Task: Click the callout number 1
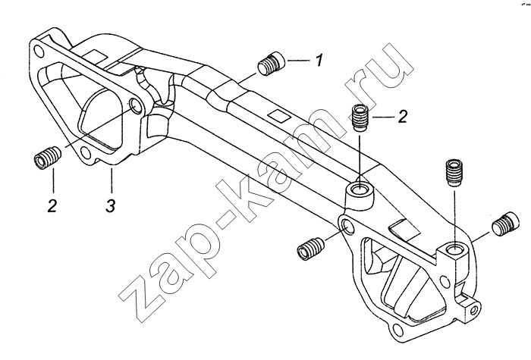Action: coord(319,60)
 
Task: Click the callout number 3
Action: coord(111,205)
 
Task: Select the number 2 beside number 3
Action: coord(52,205)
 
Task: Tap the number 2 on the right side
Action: coord(402,117)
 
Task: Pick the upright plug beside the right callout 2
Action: coord(360,117)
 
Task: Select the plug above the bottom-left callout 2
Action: coord(47,158)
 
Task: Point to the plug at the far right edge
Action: coord(506,224)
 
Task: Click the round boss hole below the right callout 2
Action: coord(359,189)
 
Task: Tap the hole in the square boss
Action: coord(453,250)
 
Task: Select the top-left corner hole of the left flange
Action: coord(39,52)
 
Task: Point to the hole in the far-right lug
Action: coord(476,308)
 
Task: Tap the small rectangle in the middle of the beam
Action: coord(278,116)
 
